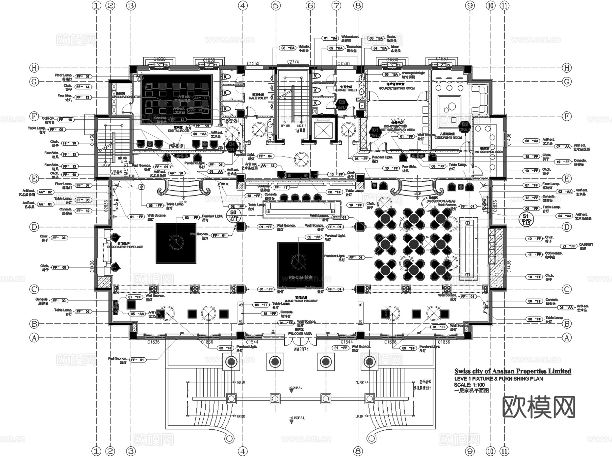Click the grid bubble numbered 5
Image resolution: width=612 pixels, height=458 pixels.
[276, 5]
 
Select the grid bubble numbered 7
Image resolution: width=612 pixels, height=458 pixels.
[336, 5]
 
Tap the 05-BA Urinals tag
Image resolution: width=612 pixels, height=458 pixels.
[288, 48]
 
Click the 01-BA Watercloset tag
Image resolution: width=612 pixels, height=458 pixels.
[330, 38]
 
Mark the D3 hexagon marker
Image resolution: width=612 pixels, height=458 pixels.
[341, 104]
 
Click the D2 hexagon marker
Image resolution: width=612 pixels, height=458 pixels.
[464, 127]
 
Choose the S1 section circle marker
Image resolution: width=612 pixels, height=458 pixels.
[526, 219]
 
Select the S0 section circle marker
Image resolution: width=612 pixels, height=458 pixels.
[233, 216]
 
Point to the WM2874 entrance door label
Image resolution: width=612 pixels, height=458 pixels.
[301, 349]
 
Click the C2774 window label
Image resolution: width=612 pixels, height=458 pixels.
[293, 62]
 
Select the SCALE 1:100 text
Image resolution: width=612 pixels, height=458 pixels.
[469, 385]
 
